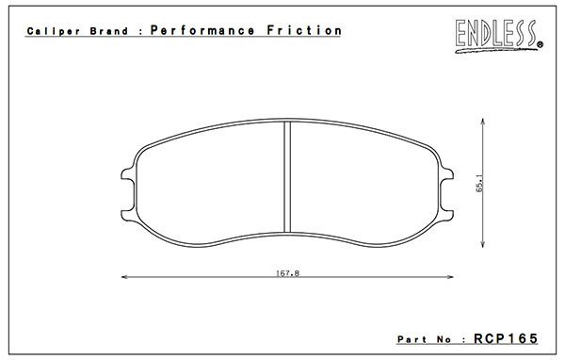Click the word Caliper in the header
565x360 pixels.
coord(54,31)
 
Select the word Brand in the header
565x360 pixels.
coord(109,31)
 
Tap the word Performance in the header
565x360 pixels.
coord(202,30)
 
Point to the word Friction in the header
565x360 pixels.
coord(304,30)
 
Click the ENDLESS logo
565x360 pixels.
coord(496,36)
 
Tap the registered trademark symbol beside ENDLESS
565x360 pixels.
coord(541,44)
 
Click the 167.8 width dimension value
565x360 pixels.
coord(287,273)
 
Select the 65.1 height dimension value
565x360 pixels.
coord(480,183)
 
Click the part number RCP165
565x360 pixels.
coord(506,338)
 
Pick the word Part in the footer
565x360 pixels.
coord(412,339)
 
